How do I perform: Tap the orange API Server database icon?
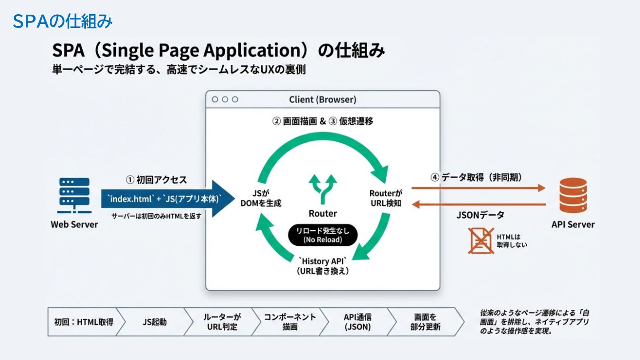tap(573, 196)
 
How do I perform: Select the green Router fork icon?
tap(323, 189)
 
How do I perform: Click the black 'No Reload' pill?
tap(323, 235)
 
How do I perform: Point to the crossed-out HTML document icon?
tap(481, 240)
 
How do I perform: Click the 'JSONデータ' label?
tap(480, 215)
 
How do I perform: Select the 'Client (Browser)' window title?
tap(323, 100)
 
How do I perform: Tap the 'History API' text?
tap(323, 261)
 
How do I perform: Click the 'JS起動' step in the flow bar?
tap(155, 322)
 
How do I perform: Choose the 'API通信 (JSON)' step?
tap(357, 322)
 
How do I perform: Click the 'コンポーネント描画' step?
tap(290, 322)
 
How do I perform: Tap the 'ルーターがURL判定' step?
tap(222, 322)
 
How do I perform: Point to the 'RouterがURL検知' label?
tap(386, 199)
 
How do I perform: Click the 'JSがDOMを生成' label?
tap(261, 199)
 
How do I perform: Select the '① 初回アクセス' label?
tap(156, 180)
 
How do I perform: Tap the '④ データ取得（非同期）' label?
tap(476, 177)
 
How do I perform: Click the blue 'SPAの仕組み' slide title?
tap(62, 21)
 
